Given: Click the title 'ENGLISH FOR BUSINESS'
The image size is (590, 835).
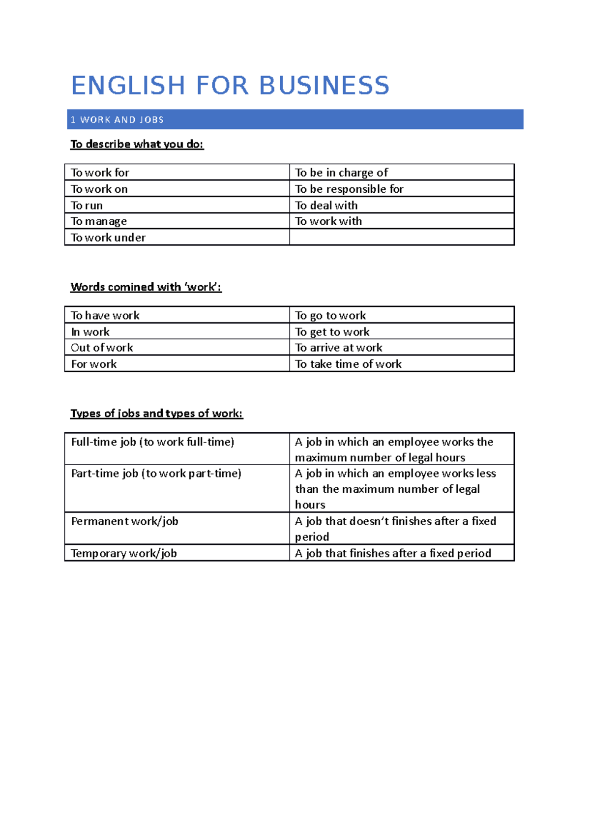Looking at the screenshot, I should [x=230, y=86].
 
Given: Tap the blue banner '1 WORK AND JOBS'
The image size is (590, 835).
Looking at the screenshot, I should [x=295, y=119].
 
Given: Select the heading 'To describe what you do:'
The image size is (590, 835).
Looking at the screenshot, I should [x=137, y=144].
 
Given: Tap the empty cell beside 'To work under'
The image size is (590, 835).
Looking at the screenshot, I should [x=401, y=237].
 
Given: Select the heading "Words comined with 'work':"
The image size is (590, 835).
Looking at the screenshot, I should [x=146, y=287].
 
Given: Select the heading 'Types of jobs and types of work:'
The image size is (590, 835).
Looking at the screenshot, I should [x=156, y=413].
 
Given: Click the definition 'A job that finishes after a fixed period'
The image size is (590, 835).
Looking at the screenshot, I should [x=393, y=553].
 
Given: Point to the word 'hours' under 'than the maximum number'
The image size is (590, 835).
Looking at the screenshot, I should [x=310, y=505].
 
